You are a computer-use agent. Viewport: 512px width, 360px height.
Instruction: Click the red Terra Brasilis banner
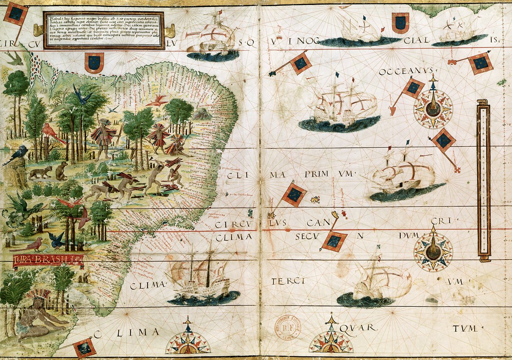point(48,261)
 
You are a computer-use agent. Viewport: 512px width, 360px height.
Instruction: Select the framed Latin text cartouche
point(104,30)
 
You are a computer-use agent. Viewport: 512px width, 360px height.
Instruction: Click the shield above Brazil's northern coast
point(94,63)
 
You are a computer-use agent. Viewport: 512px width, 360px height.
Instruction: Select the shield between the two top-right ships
point(401,23)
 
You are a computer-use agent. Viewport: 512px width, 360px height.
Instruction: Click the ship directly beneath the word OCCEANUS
point(341,106)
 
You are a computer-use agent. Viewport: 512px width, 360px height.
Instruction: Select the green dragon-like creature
point(20,209)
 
